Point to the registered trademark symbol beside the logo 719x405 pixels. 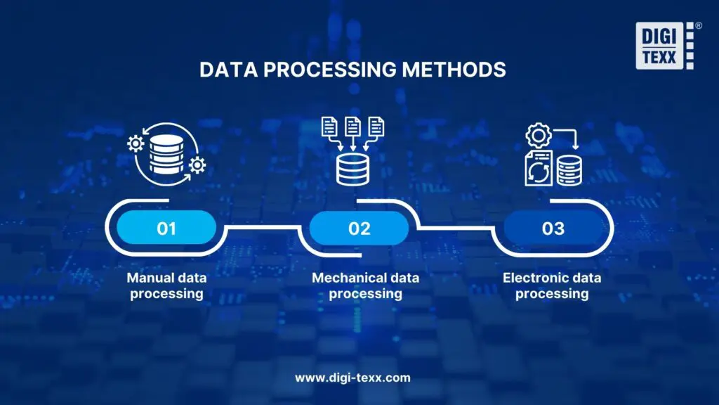698,25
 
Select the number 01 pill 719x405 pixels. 166,228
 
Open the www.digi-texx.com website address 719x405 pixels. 352,378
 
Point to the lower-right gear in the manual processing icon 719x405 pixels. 198,166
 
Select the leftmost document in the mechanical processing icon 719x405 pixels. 329,127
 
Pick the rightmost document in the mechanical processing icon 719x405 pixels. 377,127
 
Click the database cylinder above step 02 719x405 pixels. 353,169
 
